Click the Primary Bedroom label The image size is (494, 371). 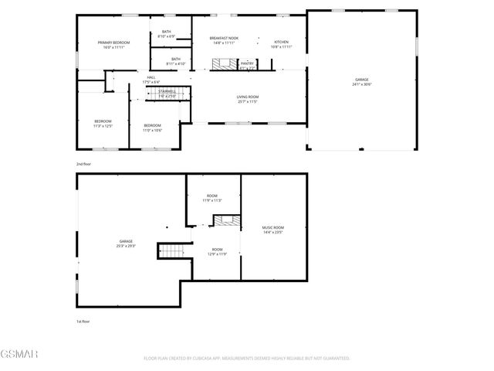(113, 45)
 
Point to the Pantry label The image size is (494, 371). (247, 65)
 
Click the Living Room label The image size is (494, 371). (247, 98)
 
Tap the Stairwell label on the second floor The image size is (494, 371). (167, 93)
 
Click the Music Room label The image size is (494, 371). (273, 229)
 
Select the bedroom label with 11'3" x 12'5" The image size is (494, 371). (103, 123)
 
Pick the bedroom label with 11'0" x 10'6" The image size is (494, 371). (152, 128)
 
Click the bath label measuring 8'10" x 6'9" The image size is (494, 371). (167, 34)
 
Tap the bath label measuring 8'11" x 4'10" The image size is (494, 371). (176, 61)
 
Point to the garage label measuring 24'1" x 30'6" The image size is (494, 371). (361, 81)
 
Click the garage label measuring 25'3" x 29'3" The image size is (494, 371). (126, 243)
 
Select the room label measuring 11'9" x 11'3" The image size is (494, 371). (212, 198)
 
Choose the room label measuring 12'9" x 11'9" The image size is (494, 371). (218, 251)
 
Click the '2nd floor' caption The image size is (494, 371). (83, 165)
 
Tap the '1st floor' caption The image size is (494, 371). (83, 321)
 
